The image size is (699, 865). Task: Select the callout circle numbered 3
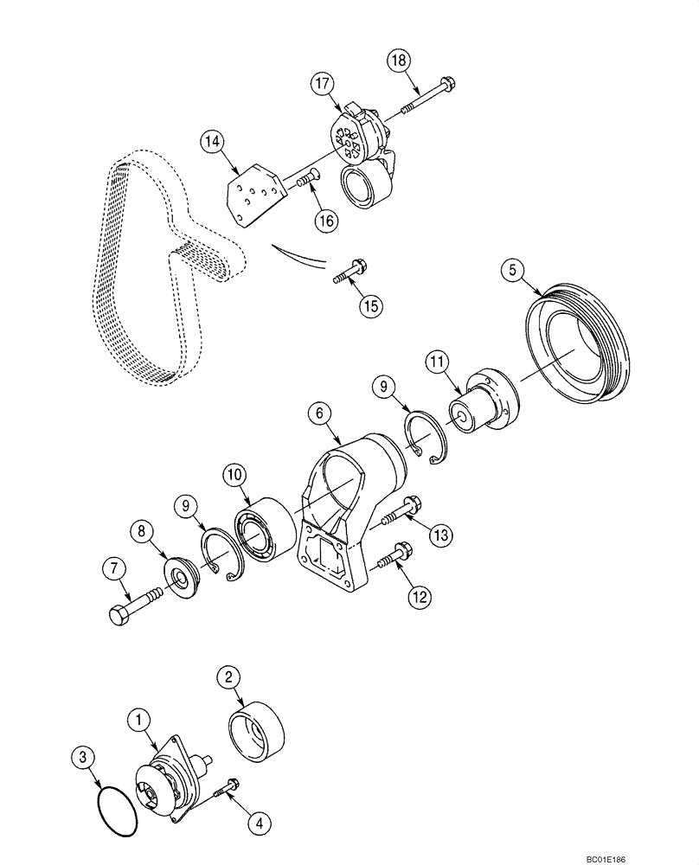(83, 760)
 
